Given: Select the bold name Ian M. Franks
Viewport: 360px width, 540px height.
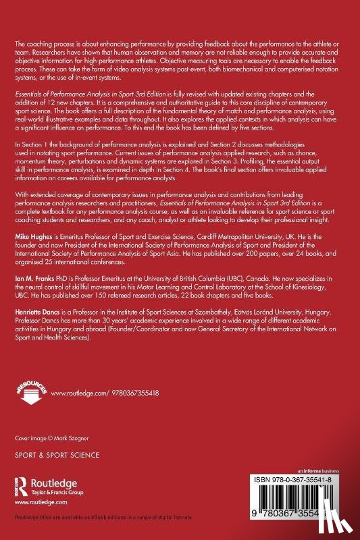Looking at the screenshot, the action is pos(31,295).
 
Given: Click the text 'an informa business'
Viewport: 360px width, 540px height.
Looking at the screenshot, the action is pos(322,468).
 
